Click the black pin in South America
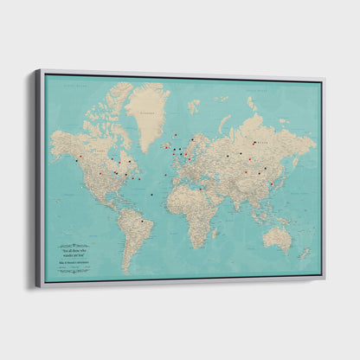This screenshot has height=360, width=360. pos(142,221)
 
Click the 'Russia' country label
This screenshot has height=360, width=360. pos(251,143)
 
